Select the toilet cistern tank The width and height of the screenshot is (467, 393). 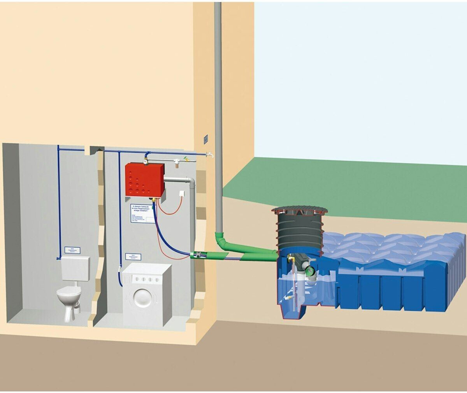75,268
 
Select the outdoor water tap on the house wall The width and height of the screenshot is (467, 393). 210,155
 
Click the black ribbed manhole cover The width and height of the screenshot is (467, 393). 300,211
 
